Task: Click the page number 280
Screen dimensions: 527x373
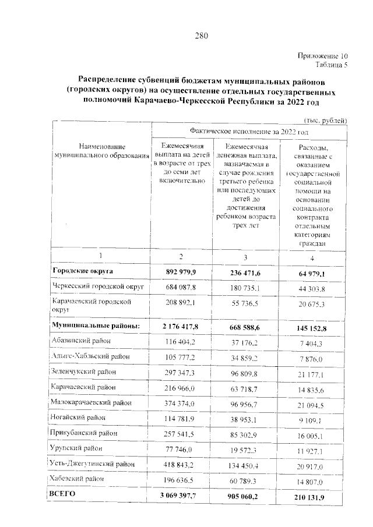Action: click(202, 36)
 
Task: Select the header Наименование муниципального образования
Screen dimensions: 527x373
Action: click(100, 151)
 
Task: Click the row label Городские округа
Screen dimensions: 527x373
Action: click(83, 271)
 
